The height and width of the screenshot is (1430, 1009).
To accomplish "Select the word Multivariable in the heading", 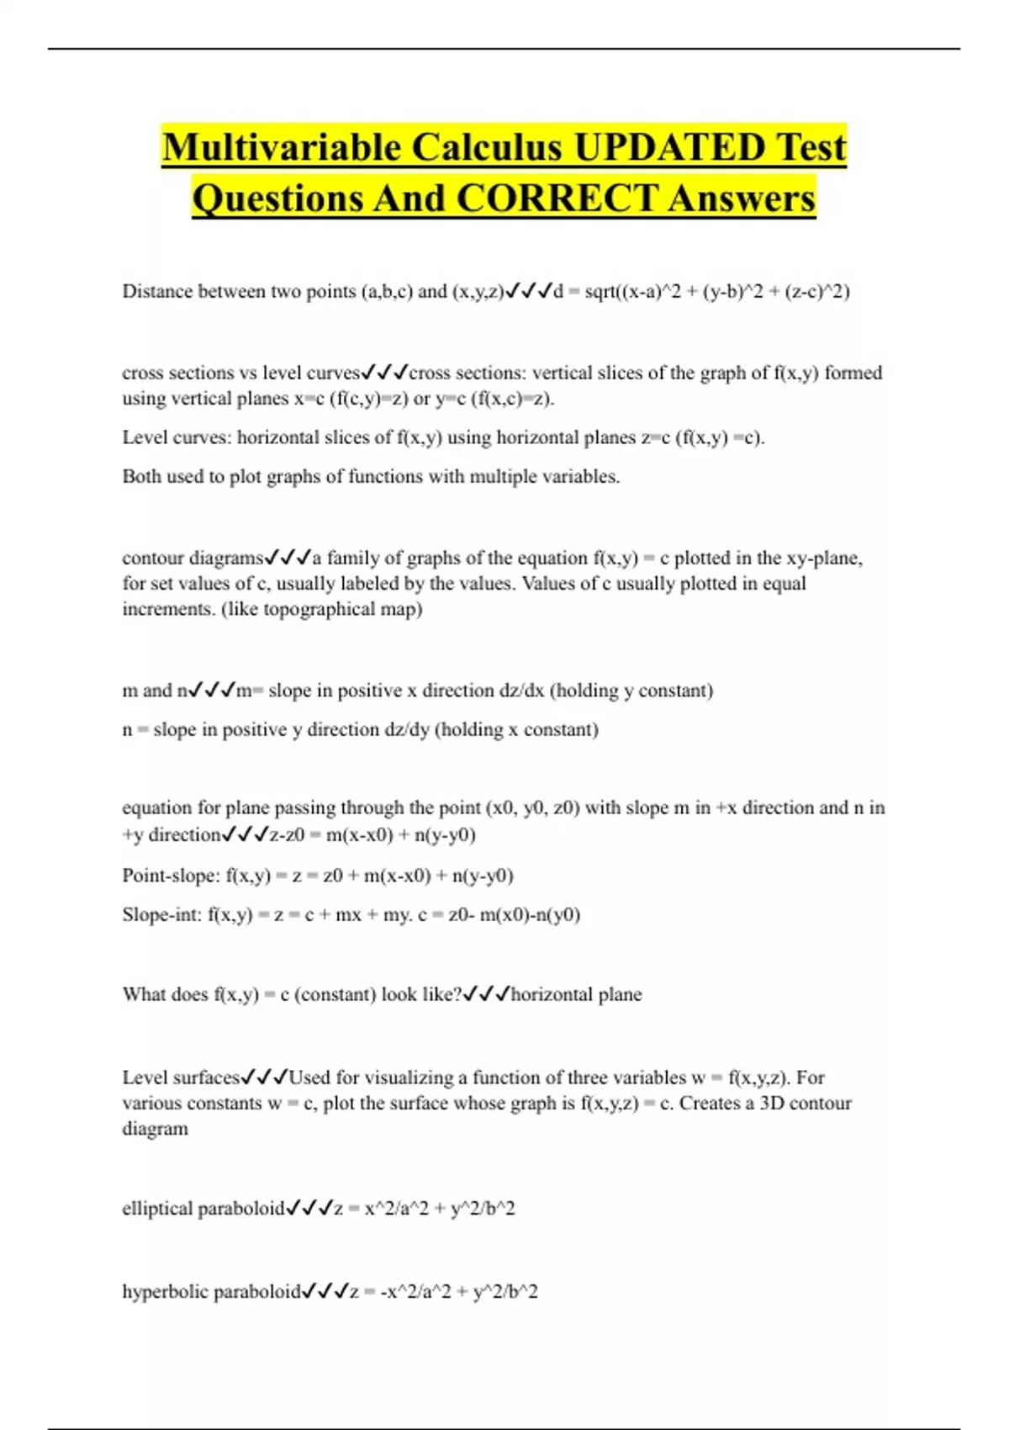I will [282, 147].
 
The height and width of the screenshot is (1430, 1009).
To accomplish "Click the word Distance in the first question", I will [156, 291].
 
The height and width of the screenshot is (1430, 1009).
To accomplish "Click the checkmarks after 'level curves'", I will [385, 372].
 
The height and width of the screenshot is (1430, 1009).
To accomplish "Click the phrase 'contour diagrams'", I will [193, 558].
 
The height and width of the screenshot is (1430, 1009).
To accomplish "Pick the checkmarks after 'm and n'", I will [212, 691].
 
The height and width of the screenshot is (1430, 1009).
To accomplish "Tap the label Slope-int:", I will [162, 914].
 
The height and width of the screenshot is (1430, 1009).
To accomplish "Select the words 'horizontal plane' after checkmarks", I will [577, 994].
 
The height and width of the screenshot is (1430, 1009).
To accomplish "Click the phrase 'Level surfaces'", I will [181, 1078].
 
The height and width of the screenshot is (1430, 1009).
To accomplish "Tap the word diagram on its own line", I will [155, 1129].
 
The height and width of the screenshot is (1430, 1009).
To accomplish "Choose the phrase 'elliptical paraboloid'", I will [203, 1209].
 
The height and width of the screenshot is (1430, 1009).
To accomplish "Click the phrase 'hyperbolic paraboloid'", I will [211, 1291].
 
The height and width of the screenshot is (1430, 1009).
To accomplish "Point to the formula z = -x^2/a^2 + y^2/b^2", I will [444, 1291].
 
